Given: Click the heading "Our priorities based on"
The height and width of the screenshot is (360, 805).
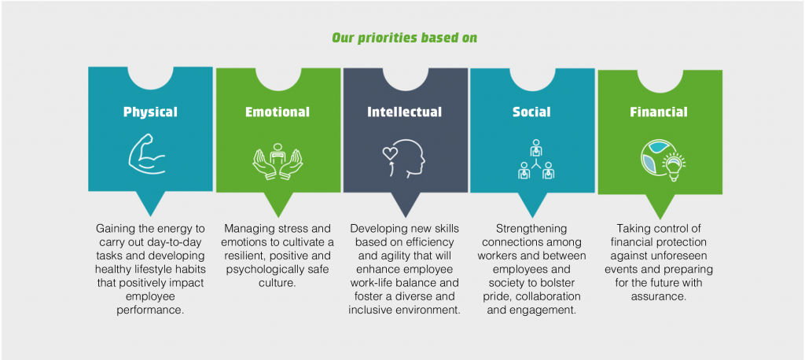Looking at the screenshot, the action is click(404, 38).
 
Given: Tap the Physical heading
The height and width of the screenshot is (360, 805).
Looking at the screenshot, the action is click(150, 112).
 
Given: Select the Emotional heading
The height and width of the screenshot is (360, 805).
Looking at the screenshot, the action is click(278, 112).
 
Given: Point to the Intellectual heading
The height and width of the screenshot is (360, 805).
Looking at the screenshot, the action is click(405, 112).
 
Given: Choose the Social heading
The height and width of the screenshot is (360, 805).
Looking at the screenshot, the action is click(532, 112).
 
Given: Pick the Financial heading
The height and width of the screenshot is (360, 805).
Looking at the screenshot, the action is click(659, 112).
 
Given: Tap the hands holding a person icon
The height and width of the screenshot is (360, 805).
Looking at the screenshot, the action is click(278, 160).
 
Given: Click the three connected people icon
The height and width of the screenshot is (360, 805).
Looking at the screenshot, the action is click(536, 159).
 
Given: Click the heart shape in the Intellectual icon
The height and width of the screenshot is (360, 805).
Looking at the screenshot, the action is click(389, 152).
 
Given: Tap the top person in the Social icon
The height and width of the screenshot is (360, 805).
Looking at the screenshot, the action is click(536, 148).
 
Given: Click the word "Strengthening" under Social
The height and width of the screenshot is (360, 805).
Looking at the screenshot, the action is click(532, 229).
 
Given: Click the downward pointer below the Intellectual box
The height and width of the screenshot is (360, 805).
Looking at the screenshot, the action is click(406, 204).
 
